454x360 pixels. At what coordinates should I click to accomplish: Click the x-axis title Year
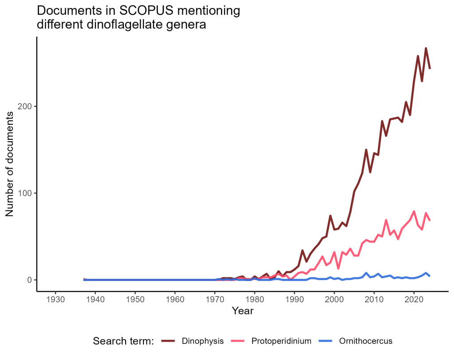(x=242, y=311)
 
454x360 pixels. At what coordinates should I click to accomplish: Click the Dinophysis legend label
(x=202, y=341)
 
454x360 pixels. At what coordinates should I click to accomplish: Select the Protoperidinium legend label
(x=281, y=341)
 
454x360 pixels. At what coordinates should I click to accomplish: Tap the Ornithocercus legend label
(x=366, y=341)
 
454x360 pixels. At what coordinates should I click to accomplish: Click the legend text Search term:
(x=123, y=341)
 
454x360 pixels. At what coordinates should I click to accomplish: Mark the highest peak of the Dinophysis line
(x=426, y=48)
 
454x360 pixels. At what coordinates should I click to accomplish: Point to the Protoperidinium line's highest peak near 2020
(x=414, y=211)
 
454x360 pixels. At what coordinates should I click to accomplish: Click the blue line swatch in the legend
(x=328, y=341)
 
